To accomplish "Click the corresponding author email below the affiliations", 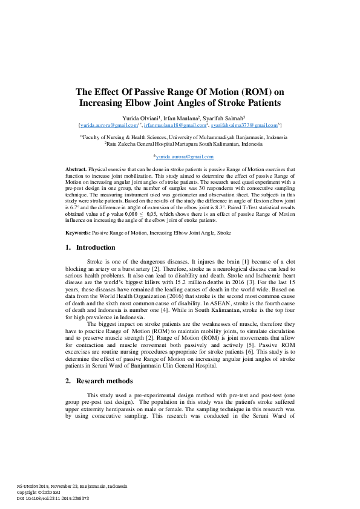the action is [x=180, y=156].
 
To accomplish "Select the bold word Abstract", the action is [x=75, y=169].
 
